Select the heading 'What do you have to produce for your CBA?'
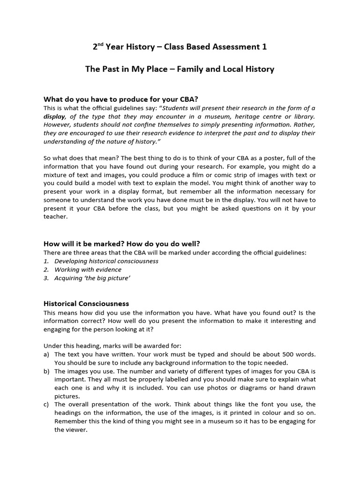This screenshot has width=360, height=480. (121, 99)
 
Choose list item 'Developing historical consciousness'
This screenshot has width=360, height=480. (106, 261)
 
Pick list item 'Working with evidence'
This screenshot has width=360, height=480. (88, 270)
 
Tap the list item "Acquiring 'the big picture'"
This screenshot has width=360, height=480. (92, 278)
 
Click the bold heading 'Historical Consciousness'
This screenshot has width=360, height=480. (86, 304)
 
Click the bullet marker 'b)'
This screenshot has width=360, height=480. (47, 371)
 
